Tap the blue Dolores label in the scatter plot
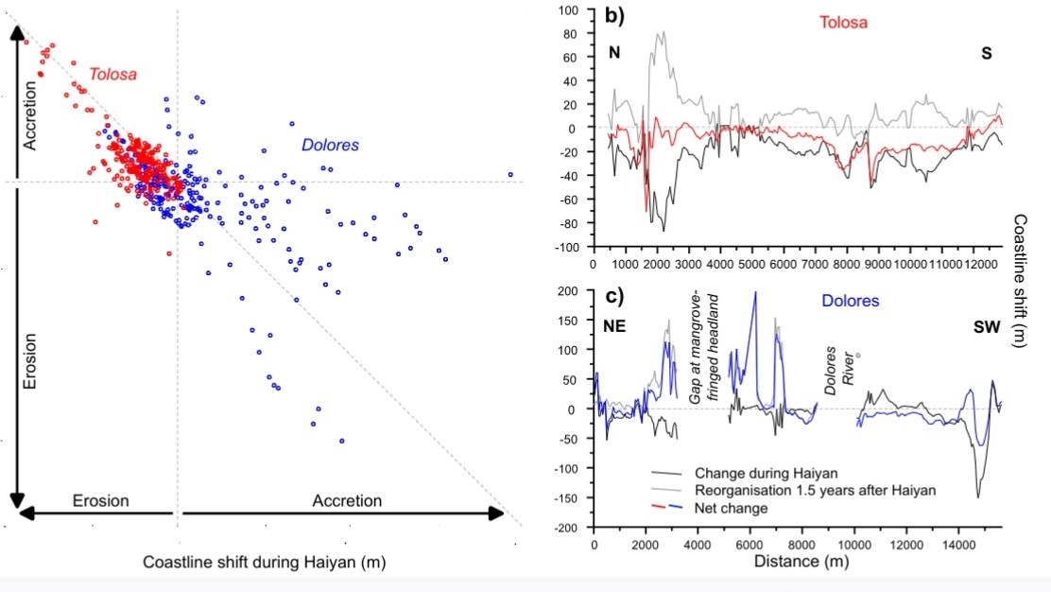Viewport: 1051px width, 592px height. tap(332, 146)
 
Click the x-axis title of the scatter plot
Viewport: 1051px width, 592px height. tap(267, 563)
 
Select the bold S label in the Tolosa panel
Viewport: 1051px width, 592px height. tap(987, 54)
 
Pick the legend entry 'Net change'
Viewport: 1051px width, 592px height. tap(730, 509)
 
